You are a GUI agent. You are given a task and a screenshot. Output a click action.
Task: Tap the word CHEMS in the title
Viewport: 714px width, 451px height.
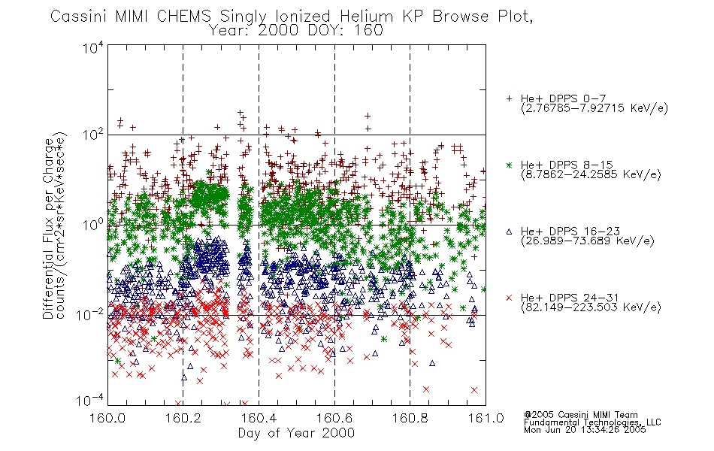click(183, 17)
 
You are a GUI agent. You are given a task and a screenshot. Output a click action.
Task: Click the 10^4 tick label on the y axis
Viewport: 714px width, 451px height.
click(93, 47)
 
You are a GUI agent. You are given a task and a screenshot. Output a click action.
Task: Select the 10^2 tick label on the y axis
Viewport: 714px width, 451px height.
click(93, 135)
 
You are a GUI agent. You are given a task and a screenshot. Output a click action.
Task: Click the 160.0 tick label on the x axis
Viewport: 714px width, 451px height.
click(107, 418)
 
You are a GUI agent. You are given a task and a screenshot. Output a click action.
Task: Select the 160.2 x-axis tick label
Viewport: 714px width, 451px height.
click(183, 418)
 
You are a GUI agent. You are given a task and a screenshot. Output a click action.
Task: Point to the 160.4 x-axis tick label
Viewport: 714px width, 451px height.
click(259, 418)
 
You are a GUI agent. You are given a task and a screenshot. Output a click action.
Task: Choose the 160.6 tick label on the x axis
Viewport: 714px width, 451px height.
click(334, 418)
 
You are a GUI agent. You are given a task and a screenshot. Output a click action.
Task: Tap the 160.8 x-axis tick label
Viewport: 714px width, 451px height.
click(410, 418)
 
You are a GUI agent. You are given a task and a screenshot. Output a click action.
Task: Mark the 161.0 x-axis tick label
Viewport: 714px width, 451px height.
click(486, 418)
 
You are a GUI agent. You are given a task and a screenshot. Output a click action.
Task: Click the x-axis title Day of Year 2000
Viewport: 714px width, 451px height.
click(296, 433)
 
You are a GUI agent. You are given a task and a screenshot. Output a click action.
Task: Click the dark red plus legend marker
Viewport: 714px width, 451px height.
click(509, 98)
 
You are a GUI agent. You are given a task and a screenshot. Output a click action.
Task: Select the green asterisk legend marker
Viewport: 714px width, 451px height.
click(509, 165)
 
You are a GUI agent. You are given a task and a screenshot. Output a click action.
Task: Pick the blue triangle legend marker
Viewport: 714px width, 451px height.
click(509, 232)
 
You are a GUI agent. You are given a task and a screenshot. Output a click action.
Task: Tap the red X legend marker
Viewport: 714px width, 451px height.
click(509, 298)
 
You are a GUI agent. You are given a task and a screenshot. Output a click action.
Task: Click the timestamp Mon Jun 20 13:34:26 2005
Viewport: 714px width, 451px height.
click(585, 430)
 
